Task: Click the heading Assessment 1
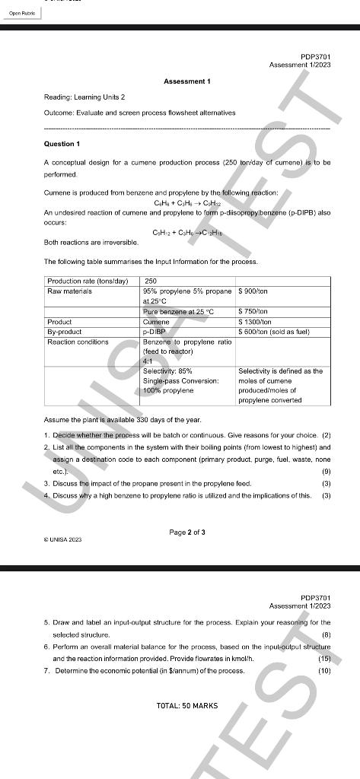point(187,81)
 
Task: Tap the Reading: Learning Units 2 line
point(84,97)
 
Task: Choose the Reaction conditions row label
point(78,342)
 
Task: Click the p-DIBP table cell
point(155,332)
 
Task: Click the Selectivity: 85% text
point(169,370)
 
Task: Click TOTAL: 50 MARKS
point(186,706)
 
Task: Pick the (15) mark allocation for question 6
point(324,658)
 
